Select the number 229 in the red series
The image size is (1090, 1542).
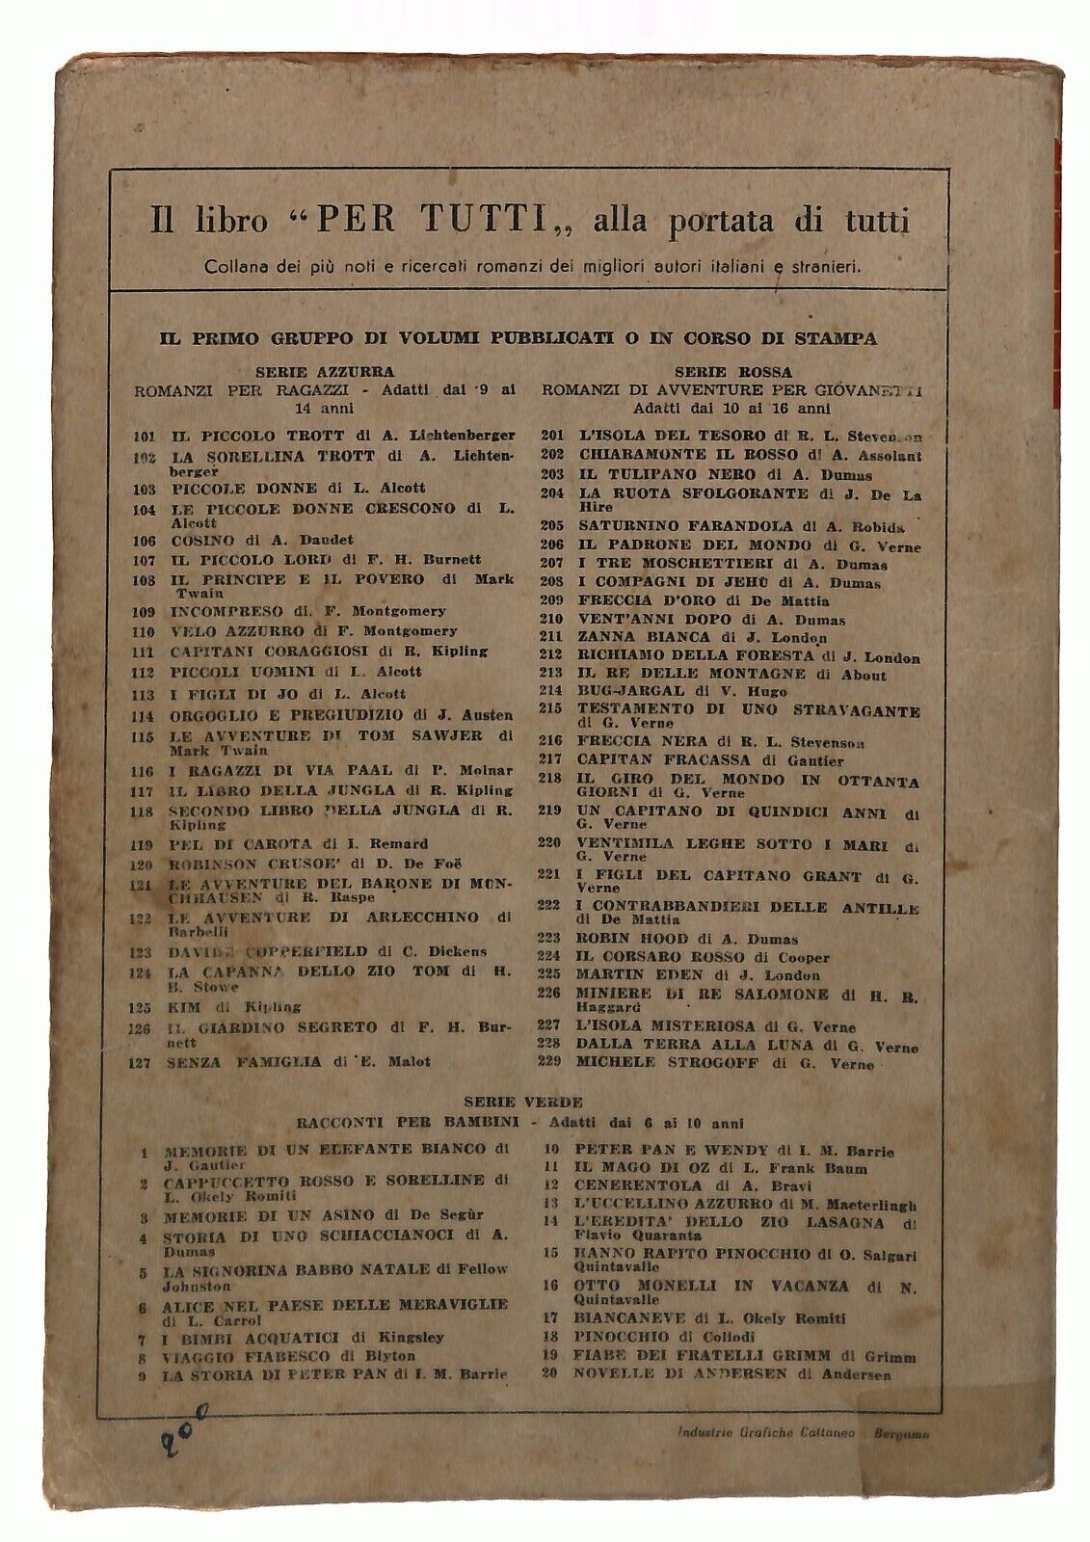pos(552,1062)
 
